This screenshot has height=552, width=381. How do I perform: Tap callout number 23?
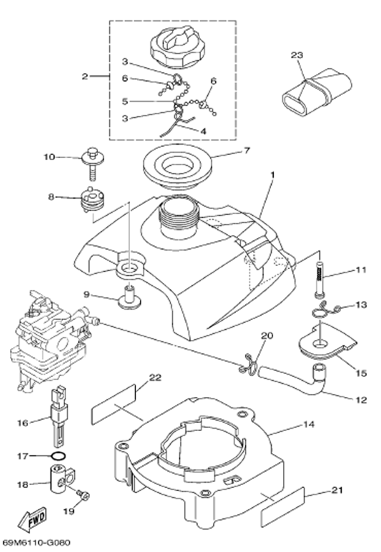pyautogui.click(x=297, y=55)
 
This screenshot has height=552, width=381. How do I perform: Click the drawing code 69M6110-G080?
pyautogui.click(x=37, y=543)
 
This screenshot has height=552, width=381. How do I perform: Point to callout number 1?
pyautogui.click(x=272, y=175)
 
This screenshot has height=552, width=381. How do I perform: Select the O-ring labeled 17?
pyautogui.click(x=57, y=456)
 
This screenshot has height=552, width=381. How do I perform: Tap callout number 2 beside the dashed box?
pyautogui.click(x=85, y=77)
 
